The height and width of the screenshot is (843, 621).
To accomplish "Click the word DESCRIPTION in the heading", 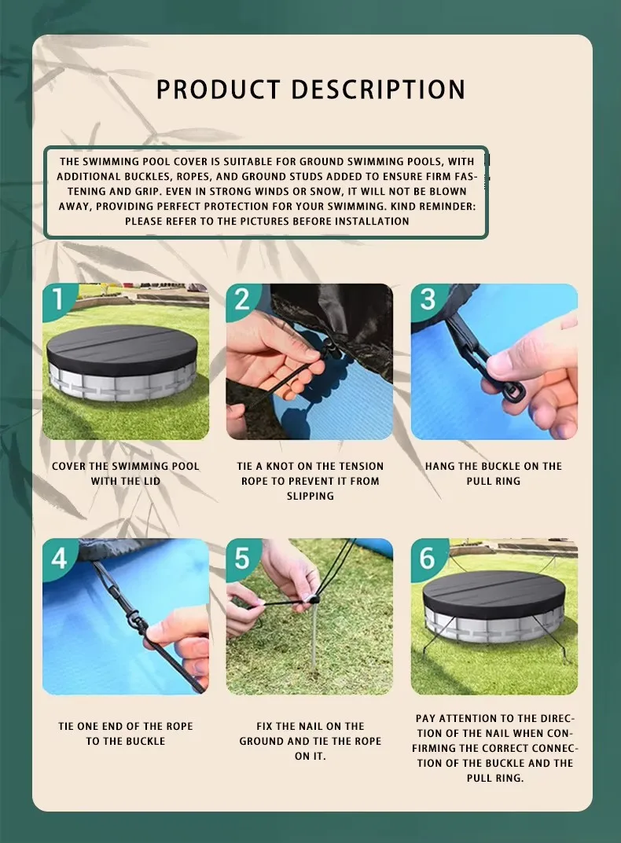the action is [x=378, y=90].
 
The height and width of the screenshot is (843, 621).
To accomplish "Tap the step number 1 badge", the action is [x=58, y=299].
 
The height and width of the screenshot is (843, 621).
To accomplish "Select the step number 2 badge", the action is [x=242, y=299].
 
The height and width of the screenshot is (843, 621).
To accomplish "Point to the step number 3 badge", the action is [x=428, y=299].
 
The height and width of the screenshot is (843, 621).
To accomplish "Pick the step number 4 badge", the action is [x=59, y=557].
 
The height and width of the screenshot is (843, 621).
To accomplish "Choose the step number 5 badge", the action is [x=242, y=558].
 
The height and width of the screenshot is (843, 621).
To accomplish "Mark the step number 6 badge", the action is [x=428, y=557].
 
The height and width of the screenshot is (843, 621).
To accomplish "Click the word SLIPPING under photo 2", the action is [x=310, y=496].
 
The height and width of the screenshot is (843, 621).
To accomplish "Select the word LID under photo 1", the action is [x=152, y=481].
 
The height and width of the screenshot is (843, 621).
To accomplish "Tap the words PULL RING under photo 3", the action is [x=494, y=481].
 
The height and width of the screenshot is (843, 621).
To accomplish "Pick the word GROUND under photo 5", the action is [x=262, y=741].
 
